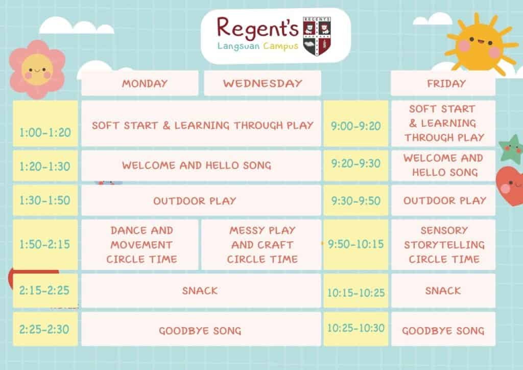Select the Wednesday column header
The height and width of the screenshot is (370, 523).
263,83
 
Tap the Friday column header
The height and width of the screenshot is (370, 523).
443,83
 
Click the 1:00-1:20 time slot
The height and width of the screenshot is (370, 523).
45,124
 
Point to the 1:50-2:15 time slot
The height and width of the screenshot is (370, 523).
45,245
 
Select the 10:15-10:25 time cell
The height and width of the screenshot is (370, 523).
356,291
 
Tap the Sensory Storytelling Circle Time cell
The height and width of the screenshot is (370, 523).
443,245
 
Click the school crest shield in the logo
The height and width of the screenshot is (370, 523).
317,36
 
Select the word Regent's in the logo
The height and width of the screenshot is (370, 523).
257,28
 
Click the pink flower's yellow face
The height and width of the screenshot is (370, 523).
37,70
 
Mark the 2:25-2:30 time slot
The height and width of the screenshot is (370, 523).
45,329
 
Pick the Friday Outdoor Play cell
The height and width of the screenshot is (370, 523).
443,200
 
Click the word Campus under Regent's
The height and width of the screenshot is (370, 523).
280,47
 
